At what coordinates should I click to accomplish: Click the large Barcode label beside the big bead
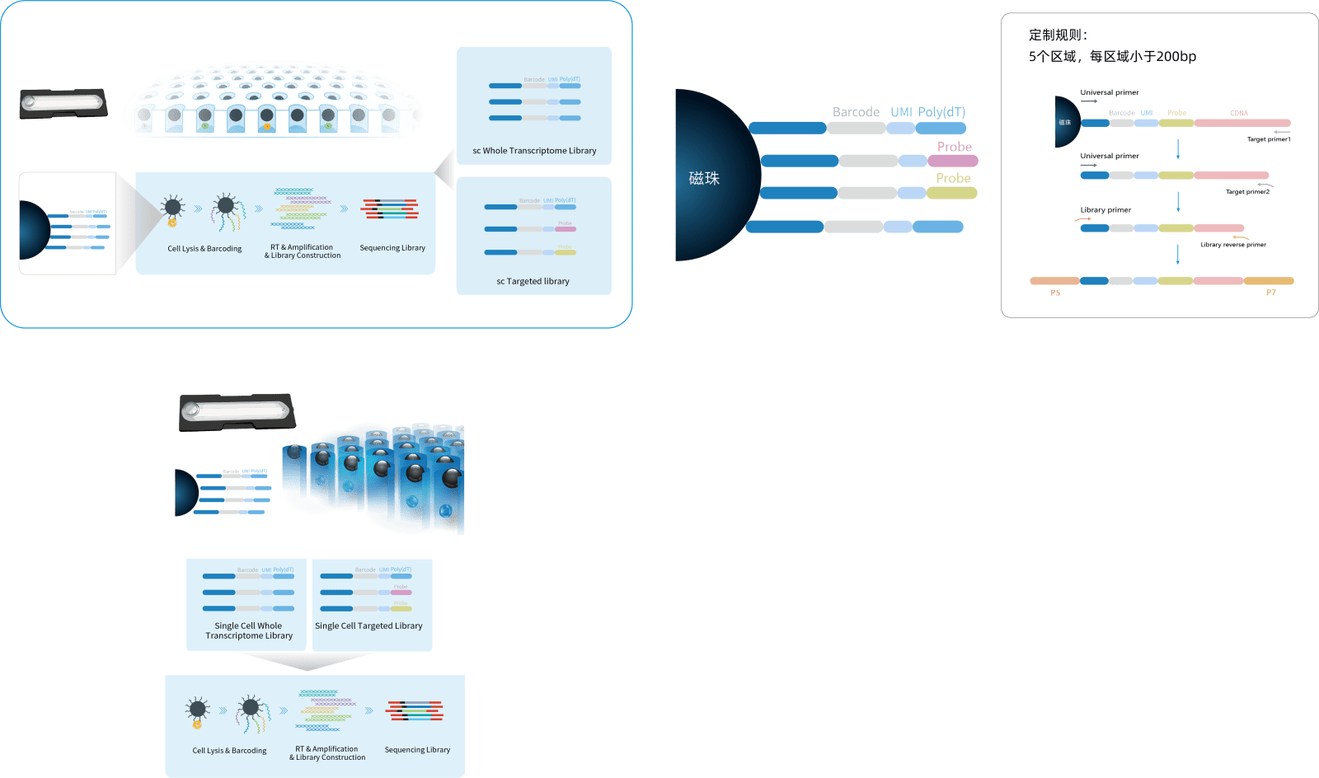point(856,112)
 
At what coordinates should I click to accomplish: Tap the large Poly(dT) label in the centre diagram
point(941,112)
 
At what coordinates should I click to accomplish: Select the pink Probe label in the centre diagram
point(955,147)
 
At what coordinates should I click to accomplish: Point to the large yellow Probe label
point(953,178)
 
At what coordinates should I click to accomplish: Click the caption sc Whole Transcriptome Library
point(534,151)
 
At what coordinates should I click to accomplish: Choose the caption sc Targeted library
point(533,281)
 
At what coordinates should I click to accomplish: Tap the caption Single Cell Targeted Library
point(368,626)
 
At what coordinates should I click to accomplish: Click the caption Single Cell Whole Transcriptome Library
point(249,630)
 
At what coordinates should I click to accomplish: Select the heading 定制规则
point(1058,35)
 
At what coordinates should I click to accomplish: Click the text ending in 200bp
point(1112,56)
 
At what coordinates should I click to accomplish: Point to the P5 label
point(1055,293)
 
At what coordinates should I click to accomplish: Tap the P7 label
point(1270,293)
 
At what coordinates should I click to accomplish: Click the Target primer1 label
point(1269,139)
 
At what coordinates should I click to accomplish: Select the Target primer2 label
point(1247,192)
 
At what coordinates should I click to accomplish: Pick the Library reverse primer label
point(1233,245)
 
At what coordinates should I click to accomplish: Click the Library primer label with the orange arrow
point(1105,210)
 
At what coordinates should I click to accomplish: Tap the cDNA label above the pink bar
point(1239,113)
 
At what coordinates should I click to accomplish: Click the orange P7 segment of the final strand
point(1269,281)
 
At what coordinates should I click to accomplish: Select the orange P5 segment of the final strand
point(1054,281)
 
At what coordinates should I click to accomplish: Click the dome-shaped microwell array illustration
point(272,99)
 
